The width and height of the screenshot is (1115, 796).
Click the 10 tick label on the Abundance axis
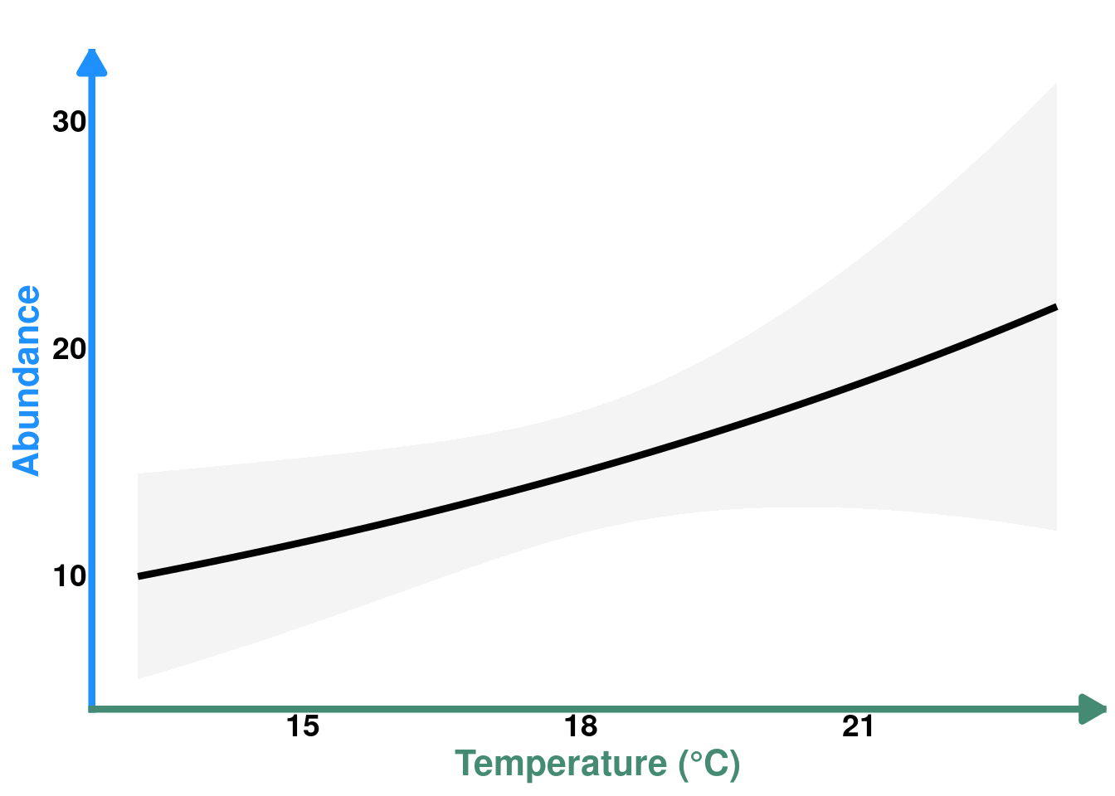pos(69,576)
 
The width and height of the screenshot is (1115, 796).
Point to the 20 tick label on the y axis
pos(69,349)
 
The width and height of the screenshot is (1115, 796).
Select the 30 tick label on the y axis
pos(69,122)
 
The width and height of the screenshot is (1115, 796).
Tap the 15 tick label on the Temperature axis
pos(303,726)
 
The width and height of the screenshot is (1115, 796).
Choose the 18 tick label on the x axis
pos(581,726)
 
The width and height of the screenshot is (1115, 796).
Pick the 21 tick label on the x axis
pos(858,726)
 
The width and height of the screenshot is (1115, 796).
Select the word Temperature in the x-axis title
pos(561,764)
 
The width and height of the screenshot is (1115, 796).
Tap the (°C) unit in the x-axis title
pos(709,764)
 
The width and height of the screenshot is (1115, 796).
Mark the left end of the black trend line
pos(139,576)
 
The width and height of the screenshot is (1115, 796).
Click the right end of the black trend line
pos(1055,307)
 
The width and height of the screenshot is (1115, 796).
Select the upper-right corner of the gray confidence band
pos(1055,84)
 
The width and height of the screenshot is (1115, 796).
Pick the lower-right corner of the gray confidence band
pos(1055,529)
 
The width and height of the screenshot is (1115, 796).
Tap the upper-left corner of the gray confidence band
pos(139,474)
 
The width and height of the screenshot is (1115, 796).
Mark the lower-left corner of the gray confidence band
pos(139,678)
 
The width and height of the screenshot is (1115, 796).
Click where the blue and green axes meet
pos(92,709)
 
